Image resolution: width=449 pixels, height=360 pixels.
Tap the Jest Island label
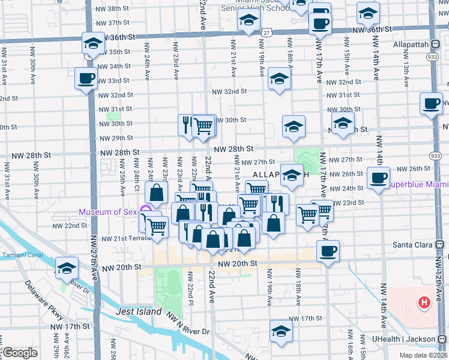140,311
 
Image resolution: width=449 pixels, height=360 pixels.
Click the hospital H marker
425,302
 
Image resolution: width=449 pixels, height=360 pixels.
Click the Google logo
19,353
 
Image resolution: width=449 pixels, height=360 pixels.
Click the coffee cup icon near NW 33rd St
86,78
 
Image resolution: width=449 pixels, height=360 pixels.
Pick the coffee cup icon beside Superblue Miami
378,178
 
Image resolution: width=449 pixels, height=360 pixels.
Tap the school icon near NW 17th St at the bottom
281,331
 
